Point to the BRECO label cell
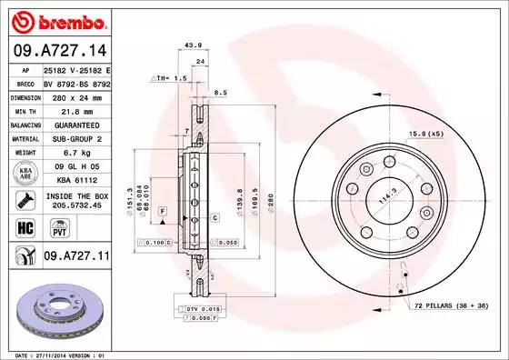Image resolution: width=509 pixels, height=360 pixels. coord(25,82)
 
